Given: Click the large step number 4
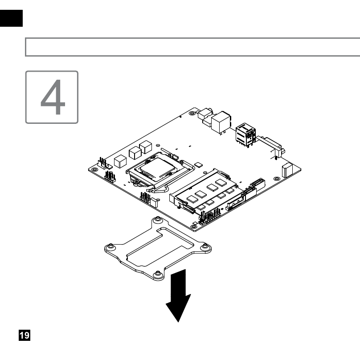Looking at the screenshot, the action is coord(53,97).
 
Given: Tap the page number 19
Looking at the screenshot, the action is coord(25,335).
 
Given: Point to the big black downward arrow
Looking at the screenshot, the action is coord(178,296).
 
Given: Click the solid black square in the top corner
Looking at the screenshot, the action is coord(11,18).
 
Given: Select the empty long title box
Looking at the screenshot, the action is coord(192,47).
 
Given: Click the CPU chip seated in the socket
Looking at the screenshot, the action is coord(158,167).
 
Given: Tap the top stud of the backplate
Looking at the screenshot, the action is coord(158,219).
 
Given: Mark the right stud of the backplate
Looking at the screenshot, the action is coord(205,246).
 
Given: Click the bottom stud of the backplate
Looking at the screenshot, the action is coord(158,274).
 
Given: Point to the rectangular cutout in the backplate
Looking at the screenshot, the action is coord(160,247).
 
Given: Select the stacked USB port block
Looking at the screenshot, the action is coord(245,135).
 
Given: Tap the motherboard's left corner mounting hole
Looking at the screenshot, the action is coord(94,169).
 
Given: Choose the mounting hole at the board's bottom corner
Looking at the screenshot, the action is coord(194,227).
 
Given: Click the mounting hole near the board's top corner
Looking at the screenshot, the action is coord(192,113).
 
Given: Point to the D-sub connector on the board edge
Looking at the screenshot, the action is coord(270,146).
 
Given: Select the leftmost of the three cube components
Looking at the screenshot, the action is coord(120,161).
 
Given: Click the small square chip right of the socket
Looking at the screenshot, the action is coord(198,164).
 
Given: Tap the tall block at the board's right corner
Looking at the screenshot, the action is coord(287,170).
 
